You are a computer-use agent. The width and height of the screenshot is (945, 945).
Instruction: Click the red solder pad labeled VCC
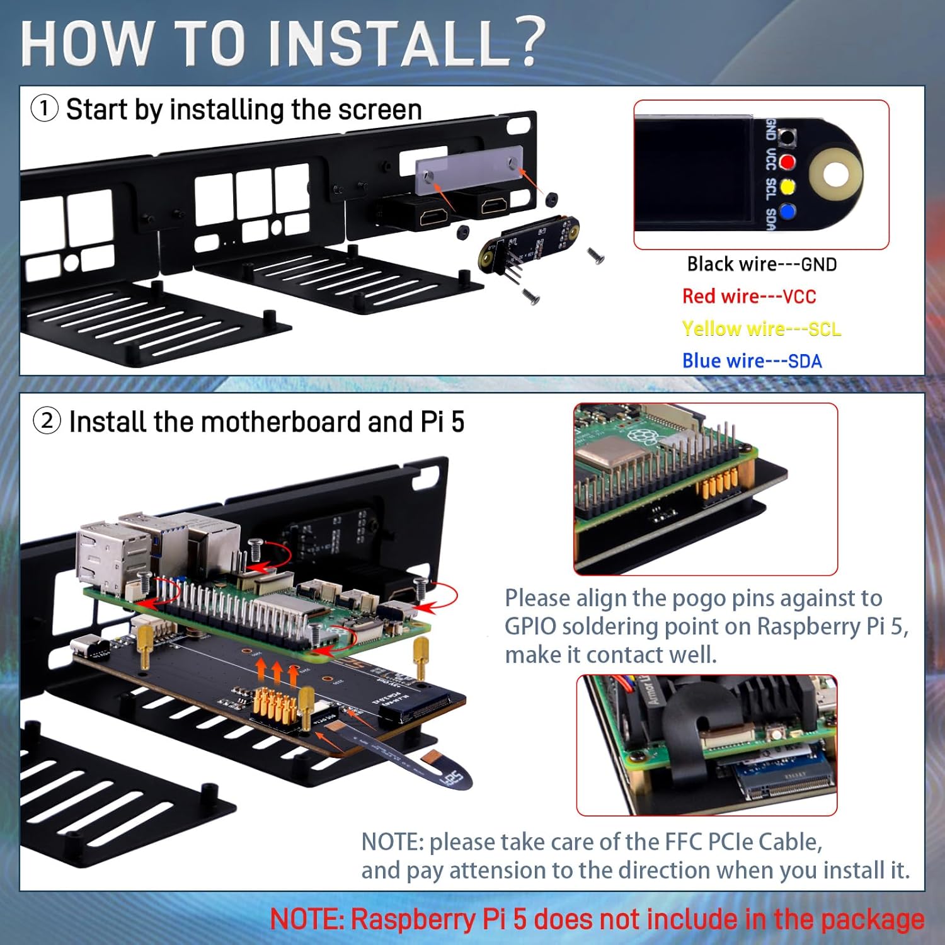(x=787, y=162)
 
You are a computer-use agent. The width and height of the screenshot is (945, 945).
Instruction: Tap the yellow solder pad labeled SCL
(x=787, y=187)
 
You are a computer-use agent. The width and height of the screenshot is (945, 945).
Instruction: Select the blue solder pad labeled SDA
(x=787, y=212)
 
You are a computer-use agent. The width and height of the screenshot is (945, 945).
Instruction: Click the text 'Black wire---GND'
(x=762, y=264)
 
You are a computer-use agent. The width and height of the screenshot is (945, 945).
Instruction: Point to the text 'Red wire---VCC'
(x=748, y=296)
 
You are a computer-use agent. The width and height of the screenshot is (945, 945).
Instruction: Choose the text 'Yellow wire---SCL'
(x=761, y=329)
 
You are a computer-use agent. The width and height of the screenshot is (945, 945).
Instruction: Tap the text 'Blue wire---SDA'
(x=752, y=361)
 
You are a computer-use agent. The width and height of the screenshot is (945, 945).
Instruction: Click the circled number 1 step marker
(x=45, y=108)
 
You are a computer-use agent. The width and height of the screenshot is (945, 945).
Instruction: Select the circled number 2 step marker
(x=47, y=421)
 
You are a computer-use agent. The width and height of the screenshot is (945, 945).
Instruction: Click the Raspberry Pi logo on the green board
(x=641, y=435)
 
